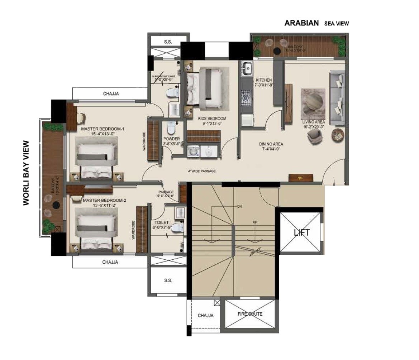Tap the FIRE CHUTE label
[250, 314]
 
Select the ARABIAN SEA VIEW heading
[316, 23]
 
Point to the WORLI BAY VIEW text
[26, 173]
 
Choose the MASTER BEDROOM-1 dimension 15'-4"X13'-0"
[103, 134]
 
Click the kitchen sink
[247, 68]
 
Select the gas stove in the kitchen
[247, 97]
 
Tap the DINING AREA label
[271, 144]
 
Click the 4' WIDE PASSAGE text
[202, 171]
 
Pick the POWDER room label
[171, 139]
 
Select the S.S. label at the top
[168, 42]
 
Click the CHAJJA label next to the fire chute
[205, 316]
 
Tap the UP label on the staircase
[255, 222]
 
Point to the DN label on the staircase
[240, 207]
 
